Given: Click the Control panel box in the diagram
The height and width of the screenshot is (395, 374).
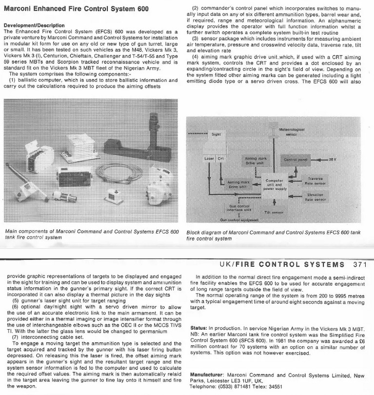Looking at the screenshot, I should click(296, 159).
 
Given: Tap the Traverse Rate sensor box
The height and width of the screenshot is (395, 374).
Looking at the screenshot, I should click(315, 181).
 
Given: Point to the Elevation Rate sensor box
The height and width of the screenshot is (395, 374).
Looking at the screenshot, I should click(315, 197).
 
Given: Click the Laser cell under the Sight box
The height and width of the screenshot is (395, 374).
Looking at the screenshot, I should click(208, 158).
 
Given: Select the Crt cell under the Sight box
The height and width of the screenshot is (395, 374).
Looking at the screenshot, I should click(220, 158).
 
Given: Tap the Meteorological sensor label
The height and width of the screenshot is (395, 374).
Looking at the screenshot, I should click(291, 132).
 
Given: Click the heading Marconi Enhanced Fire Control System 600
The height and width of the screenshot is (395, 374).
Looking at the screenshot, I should click(77, 9).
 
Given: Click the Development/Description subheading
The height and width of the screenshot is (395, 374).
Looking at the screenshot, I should click(34, 25).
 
